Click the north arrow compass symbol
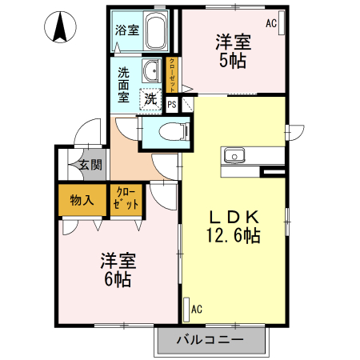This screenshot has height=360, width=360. click(x=60, y=27)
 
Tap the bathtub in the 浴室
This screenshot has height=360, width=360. click(x=155, y=30)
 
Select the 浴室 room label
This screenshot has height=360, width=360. click(x=127, y=30)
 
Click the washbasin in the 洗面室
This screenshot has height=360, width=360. click(x=151, y=70)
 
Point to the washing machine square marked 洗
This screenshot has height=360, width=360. click(x=150, y=99)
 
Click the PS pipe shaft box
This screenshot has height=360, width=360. click(x=172, y=104)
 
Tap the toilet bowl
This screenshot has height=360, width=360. click(x=174, y=131)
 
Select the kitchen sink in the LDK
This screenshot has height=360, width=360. click(x=234, y=156)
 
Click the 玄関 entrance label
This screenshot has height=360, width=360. click(x=90, y=165)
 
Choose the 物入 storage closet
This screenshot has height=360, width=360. click(x=82, y=200)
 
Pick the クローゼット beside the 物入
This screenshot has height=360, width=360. click(x=126, y=200)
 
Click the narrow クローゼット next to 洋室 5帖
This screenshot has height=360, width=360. click(x=172, y=75)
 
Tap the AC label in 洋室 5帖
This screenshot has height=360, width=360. click(x=271, y=23)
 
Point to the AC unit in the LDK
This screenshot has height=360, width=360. click(x=186, y=310)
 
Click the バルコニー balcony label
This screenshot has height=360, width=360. click(x=210, y=340)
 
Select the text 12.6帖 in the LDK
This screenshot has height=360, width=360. click(x=234, y=235)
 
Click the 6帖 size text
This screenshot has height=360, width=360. click(x=118, y=279)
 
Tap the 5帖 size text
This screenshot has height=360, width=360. click(x=233, y=61)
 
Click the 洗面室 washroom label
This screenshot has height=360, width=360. click(x=124, y=85)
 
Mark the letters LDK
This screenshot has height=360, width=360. click(x=234, y=217)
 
